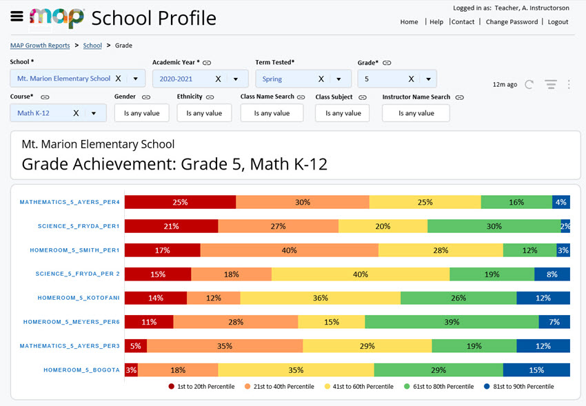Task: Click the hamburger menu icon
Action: coord(17,17)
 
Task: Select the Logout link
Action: coord(558,22)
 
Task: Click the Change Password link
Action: coord(512,22)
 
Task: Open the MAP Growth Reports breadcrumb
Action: coord(40,45)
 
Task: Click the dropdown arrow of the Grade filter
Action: coord(429,79)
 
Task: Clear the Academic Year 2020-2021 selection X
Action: coord(218,79)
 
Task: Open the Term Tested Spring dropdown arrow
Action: coord(339,79)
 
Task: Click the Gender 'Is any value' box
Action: coord(141,113)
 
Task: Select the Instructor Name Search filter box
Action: coord(416,113)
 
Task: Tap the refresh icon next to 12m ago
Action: coord(529,85)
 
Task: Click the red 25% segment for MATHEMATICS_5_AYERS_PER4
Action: coord(180,202)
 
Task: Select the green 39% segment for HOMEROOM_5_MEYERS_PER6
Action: coord(452,322)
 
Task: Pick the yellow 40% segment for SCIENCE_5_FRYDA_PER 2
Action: coord(360,274)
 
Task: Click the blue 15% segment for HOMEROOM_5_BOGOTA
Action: coord(536,369)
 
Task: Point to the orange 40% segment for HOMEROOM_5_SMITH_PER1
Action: coord(289,250)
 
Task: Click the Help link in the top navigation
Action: coord(436,22)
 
